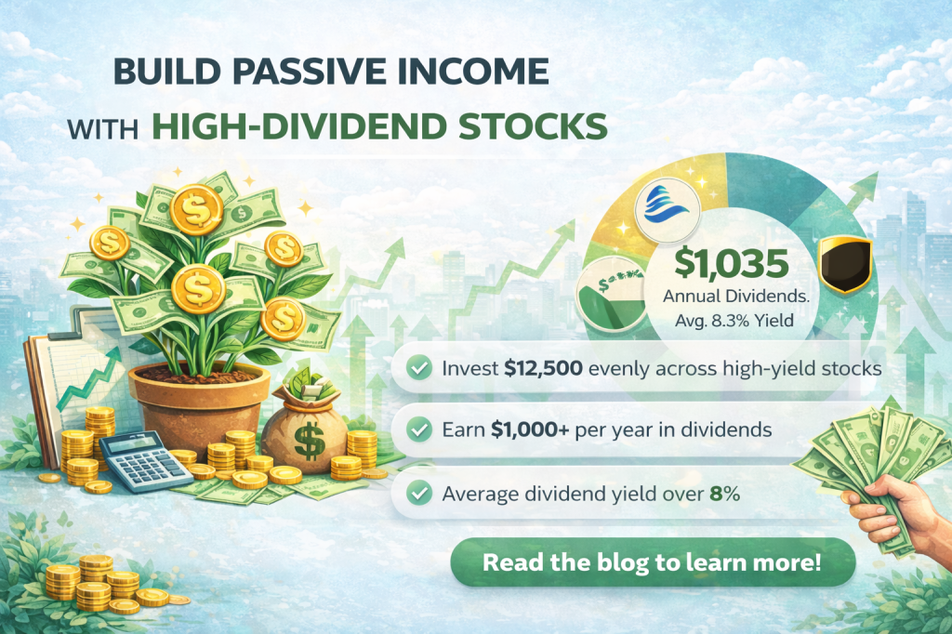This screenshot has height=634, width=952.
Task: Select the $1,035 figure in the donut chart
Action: coord(732,263)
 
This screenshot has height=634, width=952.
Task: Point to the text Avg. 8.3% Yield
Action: coord(732,321)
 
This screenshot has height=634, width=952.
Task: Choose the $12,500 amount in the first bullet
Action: coord(543,368)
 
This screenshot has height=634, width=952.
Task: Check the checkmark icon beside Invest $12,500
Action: coord(420,368)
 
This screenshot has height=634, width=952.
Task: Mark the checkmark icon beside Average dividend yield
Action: coord(420,495)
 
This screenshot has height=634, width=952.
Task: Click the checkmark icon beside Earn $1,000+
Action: coord(420,431)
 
